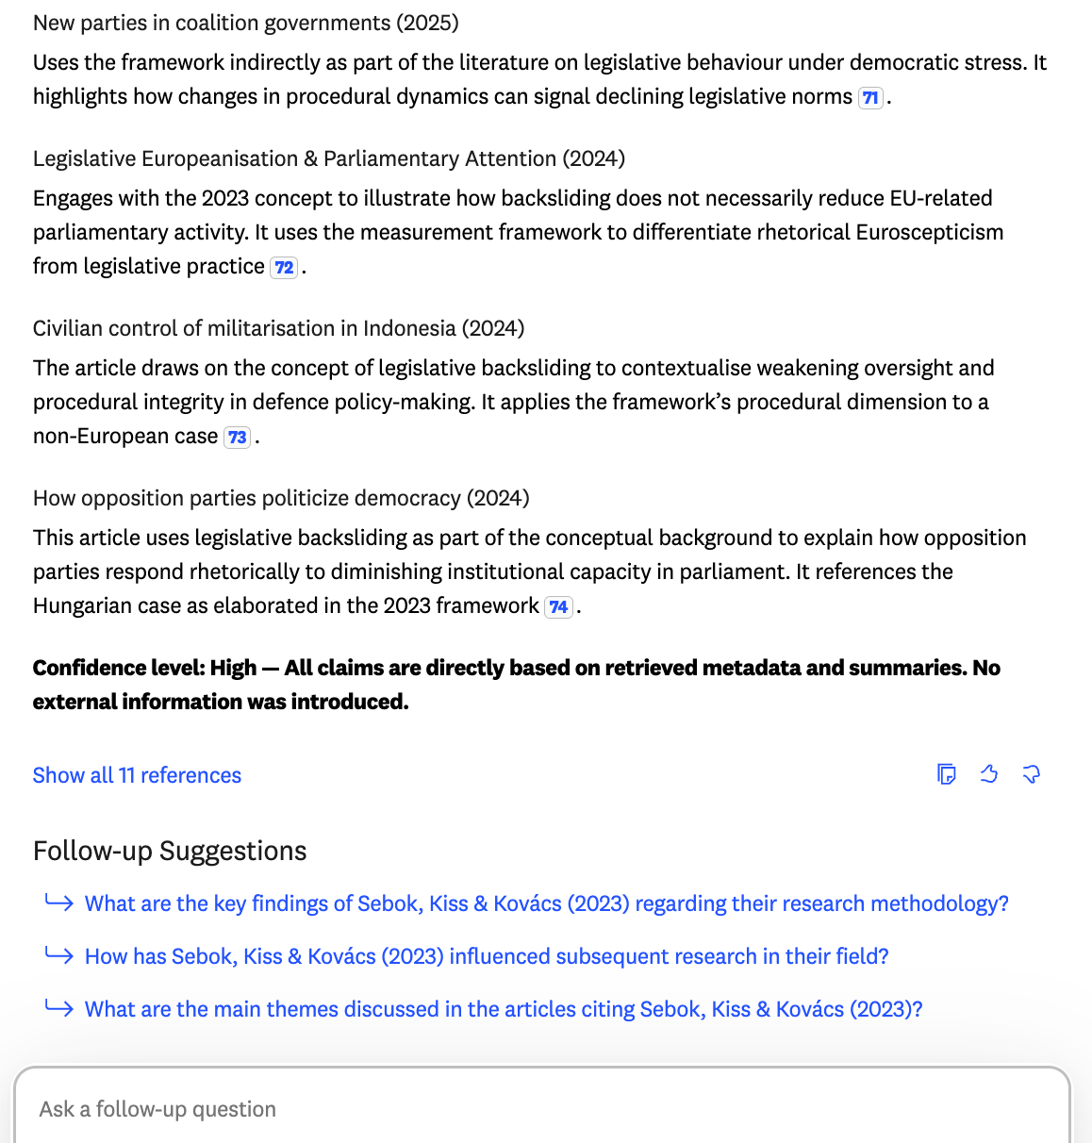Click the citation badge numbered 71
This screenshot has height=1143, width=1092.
pos(870,97)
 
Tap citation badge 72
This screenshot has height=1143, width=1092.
pos(284,267)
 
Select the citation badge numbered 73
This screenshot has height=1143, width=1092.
pos(238,437)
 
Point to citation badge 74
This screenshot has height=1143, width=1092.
pos(559,606)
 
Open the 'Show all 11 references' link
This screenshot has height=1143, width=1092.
pos(137,775)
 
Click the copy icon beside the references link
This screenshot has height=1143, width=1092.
pos(947,774)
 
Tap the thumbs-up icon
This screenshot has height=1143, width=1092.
pos(989,774)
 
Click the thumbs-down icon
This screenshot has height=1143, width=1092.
pos(1032,774)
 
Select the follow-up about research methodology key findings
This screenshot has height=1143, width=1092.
pos(546,903)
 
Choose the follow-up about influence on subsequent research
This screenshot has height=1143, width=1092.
pos(487,956)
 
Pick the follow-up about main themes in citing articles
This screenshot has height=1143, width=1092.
pos(504,1009)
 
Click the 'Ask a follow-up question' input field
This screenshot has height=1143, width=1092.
pos(542,1108)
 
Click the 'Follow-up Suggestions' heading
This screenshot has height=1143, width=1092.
pos(170,851)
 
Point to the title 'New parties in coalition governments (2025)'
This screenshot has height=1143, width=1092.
pos(246,23)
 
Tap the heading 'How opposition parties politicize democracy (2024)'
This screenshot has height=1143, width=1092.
pos(281,498)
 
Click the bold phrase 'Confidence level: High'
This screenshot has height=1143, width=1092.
pos(144,668)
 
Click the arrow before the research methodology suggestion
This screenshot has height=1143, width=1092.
pos(58,903)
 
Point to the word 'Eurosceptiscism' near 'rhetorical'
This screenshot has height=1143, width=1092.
pos(929,232)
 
